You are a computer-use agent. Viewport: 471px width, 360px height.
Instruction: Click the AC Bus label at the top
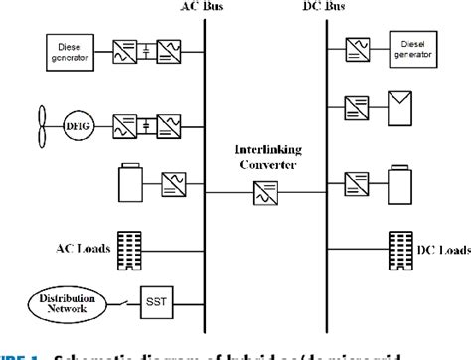205,8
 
